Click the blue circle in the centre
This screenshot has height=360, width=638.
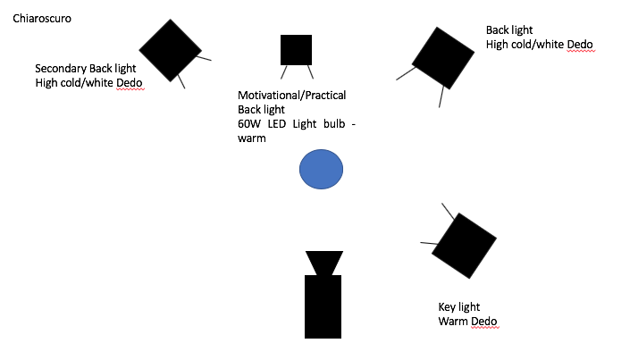click(x=321, y=170)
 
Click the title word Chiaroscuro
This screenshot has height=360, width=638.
click(x=43, y=19)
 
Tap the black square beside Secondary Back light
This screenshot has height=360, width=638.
click(x=170, y=48)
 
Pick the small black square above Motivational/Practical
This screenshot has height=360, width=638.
click(x=296, y=50)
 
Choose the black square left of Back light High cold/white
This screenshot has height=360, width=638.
click(x=442, y=59)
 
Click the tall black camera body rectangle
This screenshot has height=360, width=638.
click(x=323, y=306)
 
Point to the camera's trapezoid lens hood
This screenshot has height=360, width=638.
click(x=323, y=263)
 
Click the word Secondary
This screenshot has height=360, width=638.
click(x=62, y=69)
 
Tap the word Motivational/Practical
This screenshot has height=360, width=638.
click(x=291, y=96)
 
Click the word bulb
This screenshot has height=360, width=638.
click(x=328, y=124)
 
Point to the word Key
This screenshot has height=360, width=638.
click(x=448, y=306)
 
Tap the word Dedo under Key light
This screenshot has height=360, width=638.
click(x=483, y=321)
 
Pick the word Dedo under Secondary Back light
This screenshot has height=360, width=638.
click(x=130, y=83)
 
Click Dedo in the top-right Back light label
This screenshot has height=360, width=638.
click(x=579, y=44)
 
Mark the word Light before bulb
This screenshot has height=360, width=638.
click(x=303, y=124)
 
